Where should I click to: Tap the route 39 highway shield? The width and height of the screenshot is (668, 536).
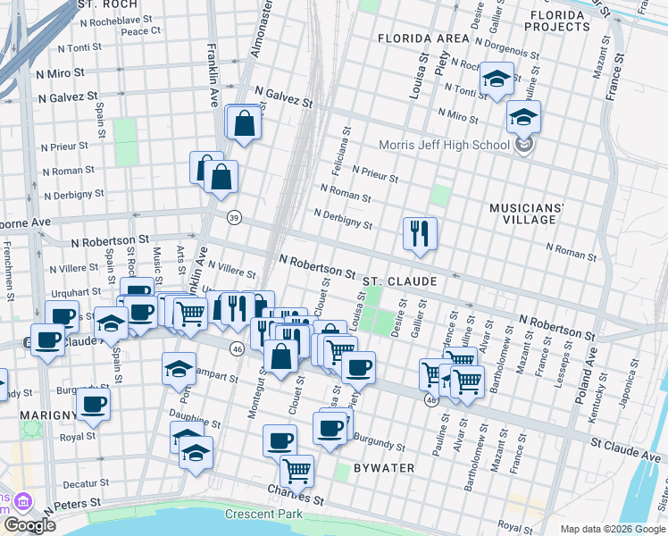pyautogui.click(x=234, y=217)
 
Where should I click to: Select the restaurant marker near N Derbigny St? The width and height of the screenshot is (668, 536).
pyautogui.click(x=420, y=234)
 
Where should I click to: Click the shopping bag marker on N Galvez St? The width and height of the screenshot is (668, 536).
pyautogui.click(x=244, y=123)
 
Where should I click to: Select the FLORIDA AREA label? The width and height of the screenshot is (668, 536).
pyautogui.click(x=423, y=38)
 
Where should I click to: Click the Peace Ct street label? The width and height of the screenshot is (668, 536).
pyautogui.click(x=140, y=30)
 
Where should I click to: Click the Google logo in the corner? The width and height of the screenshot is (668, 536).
pyautogui.click(x=29, y=524)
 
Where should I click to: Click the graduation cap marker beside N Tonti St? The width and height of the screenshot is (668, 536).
pyautogui.click(x=496, y=80)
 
